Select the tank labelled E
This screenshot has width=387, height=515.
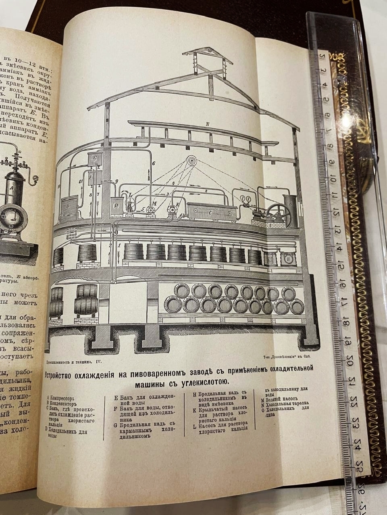[x=96, y=159]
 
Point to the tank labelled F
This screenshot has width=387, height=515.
[x=96, y=177]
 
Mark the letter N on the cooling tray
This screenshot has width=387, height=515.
[x=207, y=124]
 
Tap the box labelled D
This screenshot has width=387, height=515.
[x=117, y=206]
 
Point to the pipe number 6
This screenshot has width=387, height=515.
[x=154, y=163]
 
